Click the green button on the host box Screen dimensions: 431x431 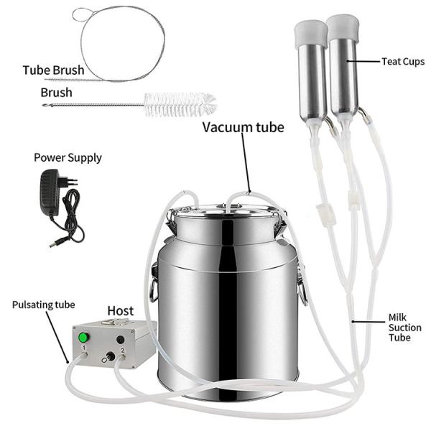click(x=83, y=338)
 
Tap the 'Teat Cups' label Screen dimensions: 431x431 click(x=403, y=62)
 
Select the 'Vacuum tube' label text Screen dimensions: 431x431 click(x=244, y=127)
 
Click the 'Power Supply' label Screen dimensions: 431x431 click(x=68, y=158)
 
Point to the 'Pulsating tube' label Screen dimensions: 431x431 click(x=43, y=305)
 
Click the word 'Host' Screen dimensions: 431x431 click(x=121, y=311)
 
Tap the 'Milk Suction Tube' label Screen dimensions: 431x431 click(x=404, y=328)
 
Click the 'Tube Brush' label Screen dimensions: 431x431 click(x=53, y=70)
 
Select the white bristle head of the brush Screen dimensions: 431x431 click(x=180, y=105)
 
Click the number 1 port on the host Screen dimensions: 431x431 click(x=84, y=354)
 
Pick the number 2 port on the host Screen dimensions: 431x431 click(x=123, y=357)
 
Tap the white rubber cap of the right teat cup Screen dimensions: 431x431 click(x=343, y=27)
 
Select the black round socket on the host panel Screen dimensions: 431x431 click(x=120, y=340)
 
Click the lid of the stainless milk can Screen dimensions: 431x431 click(x=226, y=210)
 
